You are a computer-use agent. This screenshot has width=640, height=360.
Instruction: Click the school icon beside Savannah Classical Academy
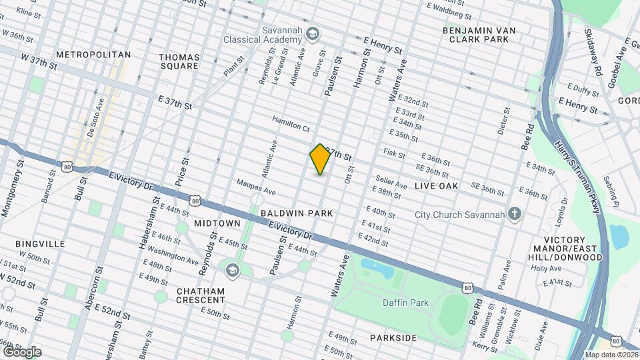312,33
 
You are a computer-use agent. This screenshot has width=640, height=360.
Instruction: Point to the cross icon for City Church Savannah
513,214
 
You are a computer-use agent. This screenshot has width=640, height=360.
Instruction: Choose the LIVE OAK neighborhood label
436,186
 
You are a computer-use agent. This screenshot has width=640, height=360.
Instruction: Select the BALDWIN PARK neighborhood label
297,213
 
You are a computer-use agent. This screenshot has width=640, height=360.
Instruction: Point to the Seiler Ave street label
391,183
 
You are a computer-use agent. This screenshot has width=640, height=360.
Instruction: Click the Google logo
21,351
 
